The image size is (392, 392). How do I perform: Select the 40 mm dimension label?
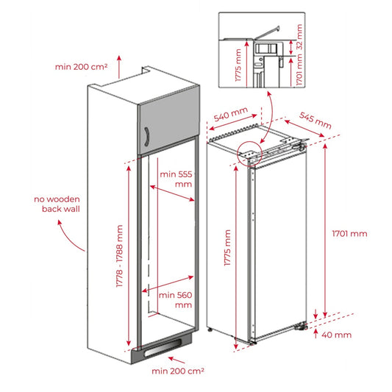tap(337, 335)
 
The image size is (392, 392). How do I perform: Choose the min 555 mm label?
tap(177, 179)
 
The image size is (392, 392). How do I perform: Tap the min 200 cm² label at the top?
tap(81, 67)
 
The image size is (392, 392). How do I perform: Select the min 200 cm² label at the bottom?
tap(177, 371)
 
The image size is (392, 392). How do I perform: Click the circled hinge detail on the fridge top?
tap(250, 152)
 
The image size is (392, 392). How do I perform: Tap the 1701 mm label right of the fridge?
tap(349, 234)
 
